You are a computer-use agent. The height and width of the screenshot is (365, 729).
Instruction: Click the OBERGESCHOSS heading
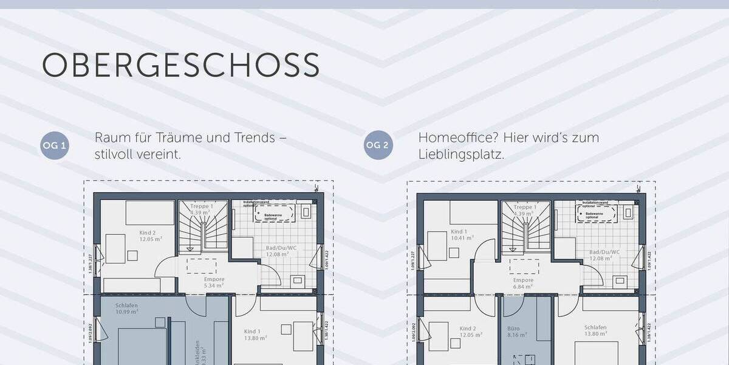click(180, 65)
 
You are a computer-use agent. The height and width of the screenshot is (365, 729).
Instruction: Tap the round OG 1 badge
click(55, 146)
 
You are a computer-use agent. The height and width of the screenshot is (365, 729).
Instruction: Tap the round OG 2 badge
click(378, 146)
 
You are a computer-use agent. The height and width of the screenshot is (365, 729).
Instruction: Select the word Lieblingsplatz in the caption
click(460, 155)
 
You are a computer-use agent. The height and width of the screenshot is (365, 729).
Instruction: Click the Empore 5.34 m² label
click(214, 282)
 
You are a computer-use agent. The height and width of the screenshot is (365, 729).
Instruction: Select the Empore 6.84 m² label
click(523, 282)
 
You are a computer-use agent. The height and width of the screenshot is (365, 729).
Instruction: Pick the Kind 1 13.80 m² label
click(255, 335)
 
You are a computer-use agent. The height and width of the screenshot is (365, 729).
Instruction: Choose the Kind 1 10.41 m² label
click(459, 235)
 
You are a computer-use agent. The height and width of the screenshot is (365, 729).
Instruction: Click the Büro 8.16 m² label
click(513, 332)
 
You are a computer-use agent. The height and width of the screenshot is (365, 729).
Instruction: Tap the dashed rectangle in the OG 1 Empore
click(201, 266)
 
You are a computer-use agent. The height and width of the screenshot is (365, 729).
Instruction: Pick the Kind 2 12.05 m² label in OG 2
click(467, 332)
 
